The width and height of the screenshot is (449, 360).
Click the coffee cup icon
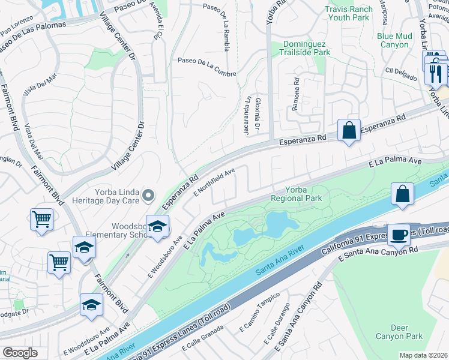pyautogui.click(x=397, y=234)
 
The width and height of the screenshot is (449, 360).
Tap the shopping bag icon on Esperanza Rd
pyautogui.click(x=349, y=130)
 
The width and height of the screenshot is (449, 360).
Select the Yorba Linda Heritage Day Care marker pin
pyautogui.click(x=148, y=195)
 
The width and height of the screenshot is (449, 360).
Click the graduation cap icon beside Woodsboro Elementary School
pyautogui.click(x=157, y=226)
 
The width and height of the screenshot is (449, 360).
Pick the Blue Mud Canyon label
pyautogui.click(x=395, y=40)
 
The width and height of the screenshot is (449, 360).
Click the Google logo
pyautogui.click(x=20, y=353)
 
